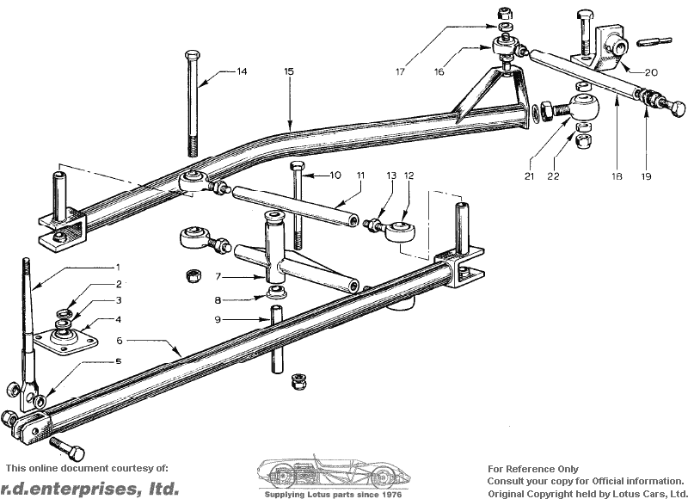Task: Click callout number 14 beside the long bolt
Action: click(242, 72)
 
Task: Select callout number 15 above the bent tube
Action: click(289, 72)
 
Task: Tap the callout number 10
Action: click(335, 176)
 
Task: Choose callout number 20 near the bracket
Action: click(650, 72)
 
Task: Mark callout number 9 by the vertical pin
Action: click(218, 320)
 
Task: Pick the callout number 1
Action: click(118, 268)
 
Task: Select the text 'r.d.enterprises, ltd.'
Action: click(89, 489)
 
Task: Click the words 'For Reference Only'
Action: click(532, 469)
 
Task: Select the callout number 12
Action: click(408, 176)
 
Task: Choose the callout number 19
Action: click(646, 176)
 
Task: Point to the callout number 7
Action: click(218, 277)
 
